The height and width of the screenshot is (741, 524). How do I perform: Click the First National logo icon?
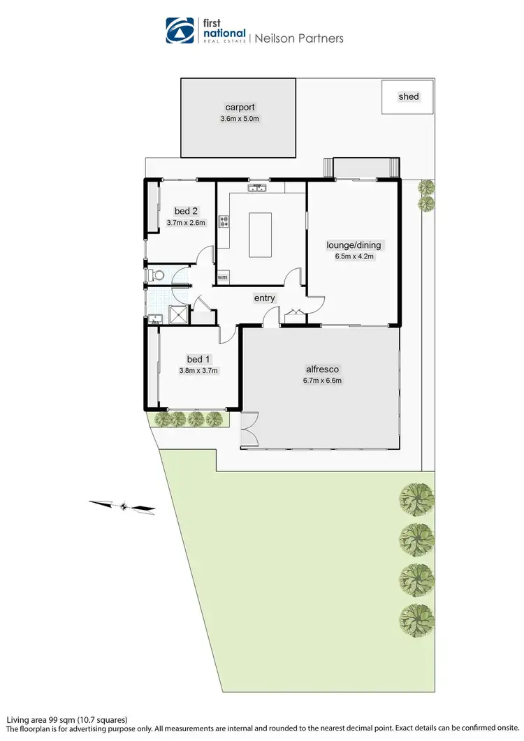coord(179,31)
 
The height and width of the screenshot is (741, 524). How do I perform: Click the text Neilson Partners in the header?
coord(298,38)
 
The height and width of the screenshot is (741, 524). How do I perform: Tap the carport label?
coord(240,108)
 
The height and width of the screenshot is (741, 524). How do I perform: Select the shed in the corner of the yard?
coord(407,96)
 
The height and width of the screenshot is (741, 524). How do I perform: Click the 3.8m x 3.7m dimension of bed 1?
coord(199,371)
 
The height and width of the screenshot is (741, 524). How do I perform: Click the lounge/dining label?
coord(354,245)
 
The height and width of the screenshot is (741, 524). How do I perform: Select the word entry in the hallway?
coord(264,298)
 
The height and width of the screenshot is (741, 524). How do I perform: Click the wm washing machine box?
coord(223,277)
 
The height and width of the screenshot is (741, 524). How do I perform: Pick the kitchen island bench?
coord(260,235)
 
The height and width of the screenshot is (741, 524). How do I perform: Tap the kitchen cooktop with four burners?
coord(225,223)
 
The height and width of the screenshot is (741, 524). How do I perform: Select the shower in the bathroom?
coord(178,316)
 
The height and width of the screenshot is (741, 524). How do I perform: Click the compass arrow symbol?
coord(123,506)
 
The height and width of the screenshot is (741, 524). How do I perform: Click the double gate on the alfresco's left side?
coord(248,429)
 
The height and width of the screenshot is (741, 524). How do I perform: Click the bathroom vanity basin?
coord(154,320)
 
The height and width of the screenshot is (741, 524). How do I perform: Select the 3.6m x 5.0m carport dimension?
coord(240,119)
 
